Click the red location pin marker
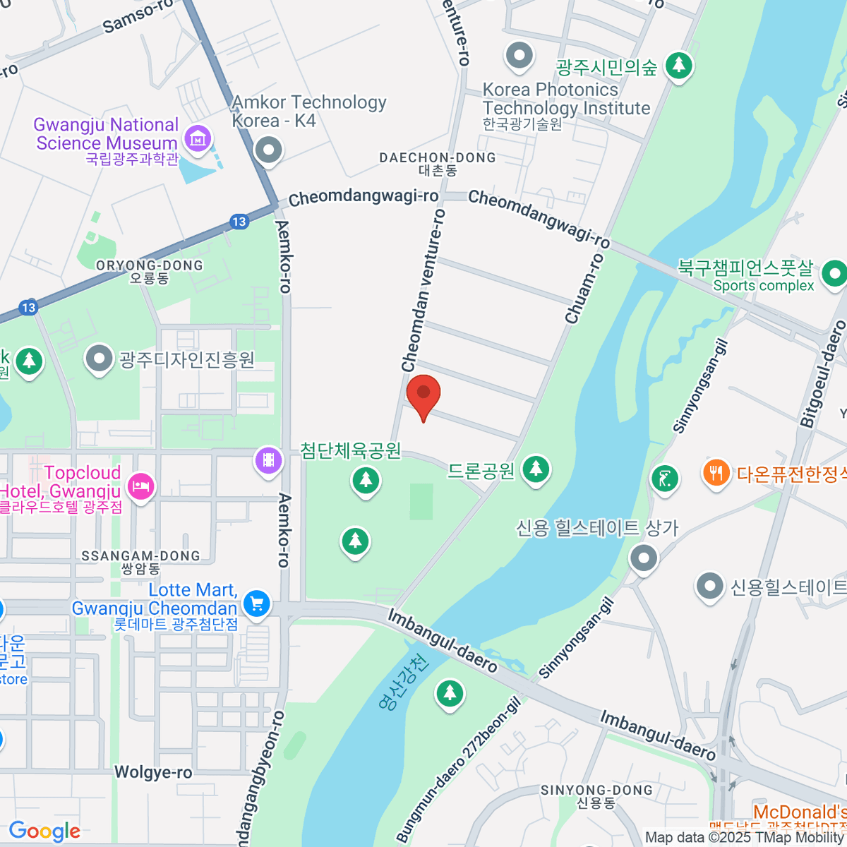click(423, 394)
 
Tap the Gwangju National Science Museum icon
click(198, 138)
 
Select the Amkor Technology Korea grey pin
click(268, 150)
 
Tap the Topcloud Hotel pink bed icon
click(141, 486)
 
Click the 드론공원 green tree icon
click(536, 469)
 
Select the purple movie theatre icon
click(268, 460)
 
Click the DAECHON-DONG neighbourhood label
click(438, 158)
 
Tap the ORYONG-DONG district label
click(150, 266)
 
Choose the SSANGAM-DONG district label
click(140, 556)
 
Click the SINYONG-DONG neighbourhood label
click(596, 791)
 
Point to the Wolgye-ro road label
click(153, 772)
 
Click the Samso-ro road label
click(138, 16)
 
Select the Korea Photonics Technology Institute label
click(566, 99)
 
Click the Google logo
click(44, 831)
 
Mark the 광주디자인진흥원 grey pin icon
click(100, 359)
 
